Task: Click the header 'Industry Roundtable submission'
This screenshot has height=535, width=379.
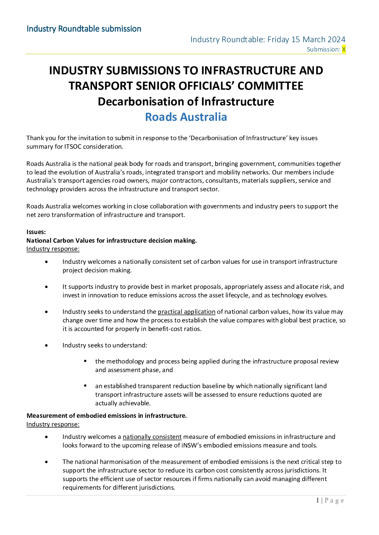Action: (84, 29)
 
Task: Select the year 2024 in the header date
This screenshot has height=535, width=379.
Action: (337, 39)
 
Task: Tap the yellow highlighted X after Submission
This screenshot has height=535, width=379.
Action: (344, 49)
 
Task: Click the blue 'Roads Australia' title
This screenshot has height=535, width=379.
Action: (186, 117)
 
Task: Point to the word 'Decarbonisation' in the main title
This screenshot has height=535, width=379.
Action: (147, 101)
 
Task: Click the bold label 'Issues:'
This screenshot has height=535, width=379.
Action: (36, 232)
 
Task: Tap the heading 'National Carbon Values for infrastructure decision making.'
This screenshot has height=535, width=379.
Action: (112, 241)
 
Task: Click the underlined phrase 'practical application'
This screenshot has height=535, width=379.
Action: (186, 312)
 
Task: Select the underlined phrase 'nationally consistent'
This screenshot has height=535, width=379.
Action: (152, 437)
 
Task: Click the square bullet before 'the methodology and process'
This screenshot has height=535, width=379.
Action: (86, 361)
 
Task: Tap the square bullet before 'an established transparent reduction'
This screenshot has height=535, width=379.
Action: (86, 386)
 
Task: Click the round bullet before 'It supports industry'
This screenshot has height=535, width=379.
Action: (47, 287)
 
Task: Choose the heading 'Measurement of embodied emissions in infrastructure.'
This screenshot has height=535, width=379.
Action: (107, 416)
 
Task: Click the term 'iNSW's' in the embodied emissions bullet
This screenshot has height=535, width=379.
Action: (191, 445)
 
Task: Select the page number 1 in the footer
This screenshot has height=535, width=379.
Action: (317, 500)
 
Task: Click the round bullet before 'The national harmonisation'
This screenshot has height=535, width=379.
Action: (47, 462)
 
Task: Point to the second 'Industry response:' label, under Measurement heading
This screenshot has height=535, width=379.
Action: (53, 424)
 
